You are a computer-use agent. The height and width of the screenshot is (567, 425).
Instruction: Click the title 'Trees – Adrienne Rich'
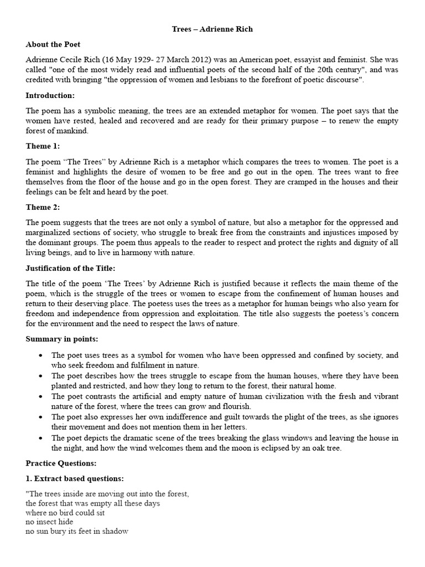coord(212,29)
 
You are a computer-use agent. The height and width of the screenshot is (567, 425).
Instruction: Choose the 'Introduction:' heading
coord(50,95)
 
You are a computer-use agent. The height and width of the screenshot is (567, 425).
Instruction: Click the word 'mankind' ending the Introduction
coord(71,131)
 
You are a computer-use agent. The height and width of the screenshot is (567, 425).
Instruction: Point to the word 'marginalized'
coord(51,233)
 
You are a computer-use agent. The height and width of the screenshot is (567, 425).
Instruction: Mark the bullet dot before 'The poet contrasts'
coord(41,397)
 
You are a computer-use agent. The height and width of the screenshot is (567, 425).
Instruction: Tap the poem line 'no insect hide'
coord(49,522)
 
